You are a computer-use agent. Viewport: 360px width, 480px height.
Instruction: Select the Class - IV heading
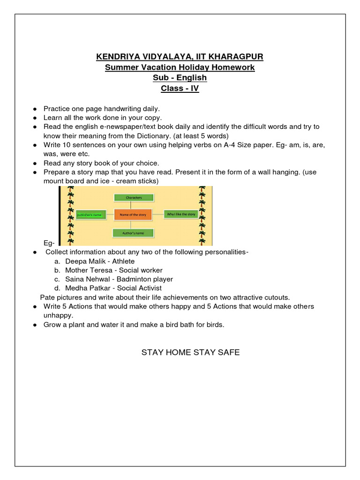(180, 88)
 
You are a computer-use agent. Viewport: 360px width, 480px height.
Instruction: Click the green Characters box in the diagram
(134, 198)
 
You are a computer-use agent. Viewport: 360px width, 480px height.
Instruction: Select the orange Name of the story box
(133, 214)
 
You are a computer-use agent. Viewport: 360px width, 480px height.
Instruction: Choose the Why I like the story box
(181, 214)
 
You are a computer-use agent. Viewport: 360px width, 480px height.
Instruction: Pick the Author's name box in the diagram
(134, 232)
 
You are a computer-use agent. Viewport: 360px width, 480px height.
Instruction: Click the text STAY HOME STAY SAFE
(190, 352)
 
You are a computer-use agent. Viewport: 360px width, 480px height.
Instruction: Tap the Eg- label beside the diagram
(49, 243)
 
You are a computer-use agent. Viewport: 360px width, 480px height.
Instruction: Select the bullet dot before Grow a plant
(35, 325)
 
